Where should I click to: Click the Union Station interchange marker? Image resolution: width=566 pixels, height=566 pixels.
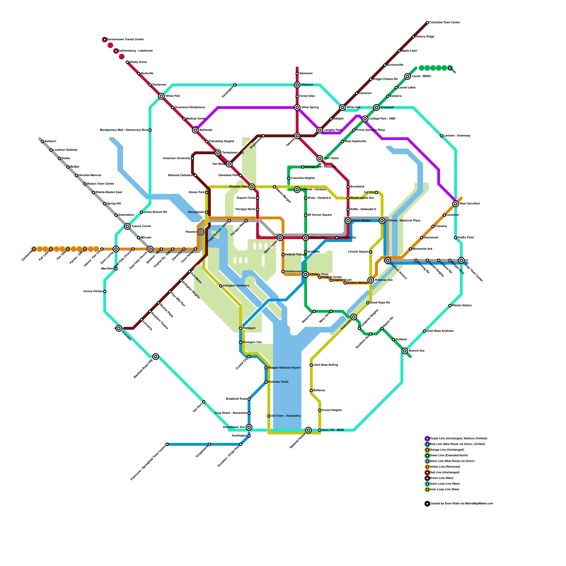[348, 221]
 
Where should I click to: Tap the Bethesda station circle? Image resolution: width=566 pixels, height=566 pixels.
[195, 130]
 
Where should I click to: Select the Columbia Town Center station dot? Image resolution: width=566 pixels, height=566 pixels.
[427, 23]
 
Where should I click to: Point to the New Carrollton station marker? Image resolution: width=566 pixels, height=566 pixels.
[456, 204]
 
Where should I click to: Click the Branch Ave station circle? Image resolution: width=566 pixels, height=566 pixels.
[405, 351]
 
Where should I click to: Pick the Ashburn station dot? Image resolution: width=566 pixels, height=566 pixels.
[42, 141]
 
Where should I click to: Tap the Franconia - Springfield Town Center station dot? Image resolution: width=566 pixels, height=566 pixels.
[167, 444]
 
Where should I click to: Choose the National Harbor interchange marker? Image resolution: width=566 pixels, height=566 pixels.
[308, 430]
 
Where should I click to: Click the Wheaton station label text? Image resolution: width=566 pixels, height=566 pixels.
[307, 85]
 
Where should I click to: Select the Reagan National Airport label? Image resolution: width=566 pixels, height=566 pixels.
[284, 368]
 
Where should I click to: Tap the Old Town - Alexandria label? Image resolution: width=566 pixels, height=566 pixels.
[285, 416]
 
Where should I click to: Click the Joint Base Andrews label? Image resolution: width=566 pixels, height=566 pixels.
[440, 331]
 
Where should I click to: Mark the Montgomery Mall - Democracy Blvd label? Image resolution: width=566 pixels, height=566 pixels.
[123, 130]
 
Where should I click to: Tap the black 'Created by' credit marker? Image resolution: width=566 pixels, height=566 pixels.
[427, 504]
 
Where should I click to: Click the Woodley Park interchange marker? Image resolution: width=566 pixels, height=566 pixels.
[252, 187]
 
